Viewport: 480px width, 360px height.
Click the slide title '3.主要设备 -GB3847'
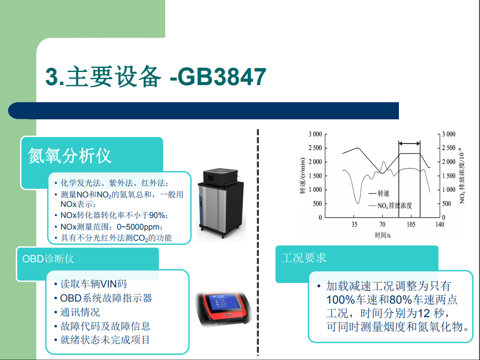pyautogui.click(x=156, y=76)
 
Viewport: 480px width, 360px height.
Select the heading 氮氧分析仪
pyautogui.click(x=70, y=156)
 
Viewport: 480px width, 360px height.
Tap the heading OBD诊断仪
pyautogui.click(x=48, y=259)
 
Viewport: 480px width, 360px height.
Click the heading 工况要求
pyautogui.click(x=304, y=258)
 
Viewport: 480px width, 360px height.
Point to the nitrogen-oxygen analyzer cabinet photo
pyautogui.click(x=221, y=203)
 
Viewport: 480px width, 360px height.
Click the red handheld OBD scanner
pyautogui.click(x=224, y=310)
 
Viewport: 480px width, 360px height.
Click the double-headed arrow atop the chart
pyautogui.click(x=409, y=143)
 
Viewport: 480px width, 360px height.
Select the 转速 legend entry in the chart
pyautogui.click(x=379, y=193)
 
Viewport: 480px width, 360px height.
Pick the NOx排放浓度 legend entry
pyautogui.click(x=390, y=205)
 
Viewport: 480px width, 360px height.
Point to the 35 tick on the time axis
pyautogui.click(x=354, y=225)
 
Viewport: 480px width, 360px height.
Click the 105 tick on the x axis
pyautogui.click(x=411, y=225)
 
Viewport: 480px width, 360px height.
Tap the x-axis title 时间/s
pyautogui.click(x=383, y=235)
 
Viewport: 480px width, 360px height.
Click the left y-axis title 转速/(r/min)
pyautogui.click(x=302, y=176)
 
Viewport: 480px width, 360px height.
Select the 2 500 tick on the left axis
pyautogui.click(x=315, y=148)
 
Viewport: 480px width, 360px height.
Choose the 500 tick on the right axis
pyautogui.click(x=447, y=203)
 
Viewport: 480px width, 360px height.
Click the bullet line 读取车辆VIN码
pyautogui.click(x=93, y=284)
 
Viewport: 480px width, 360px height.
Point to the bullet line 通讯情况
pyautogui.click(x=80, y=312)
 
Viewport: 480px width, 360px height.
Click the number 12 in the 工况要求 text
pyautogui.click(x=424, y=313)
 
